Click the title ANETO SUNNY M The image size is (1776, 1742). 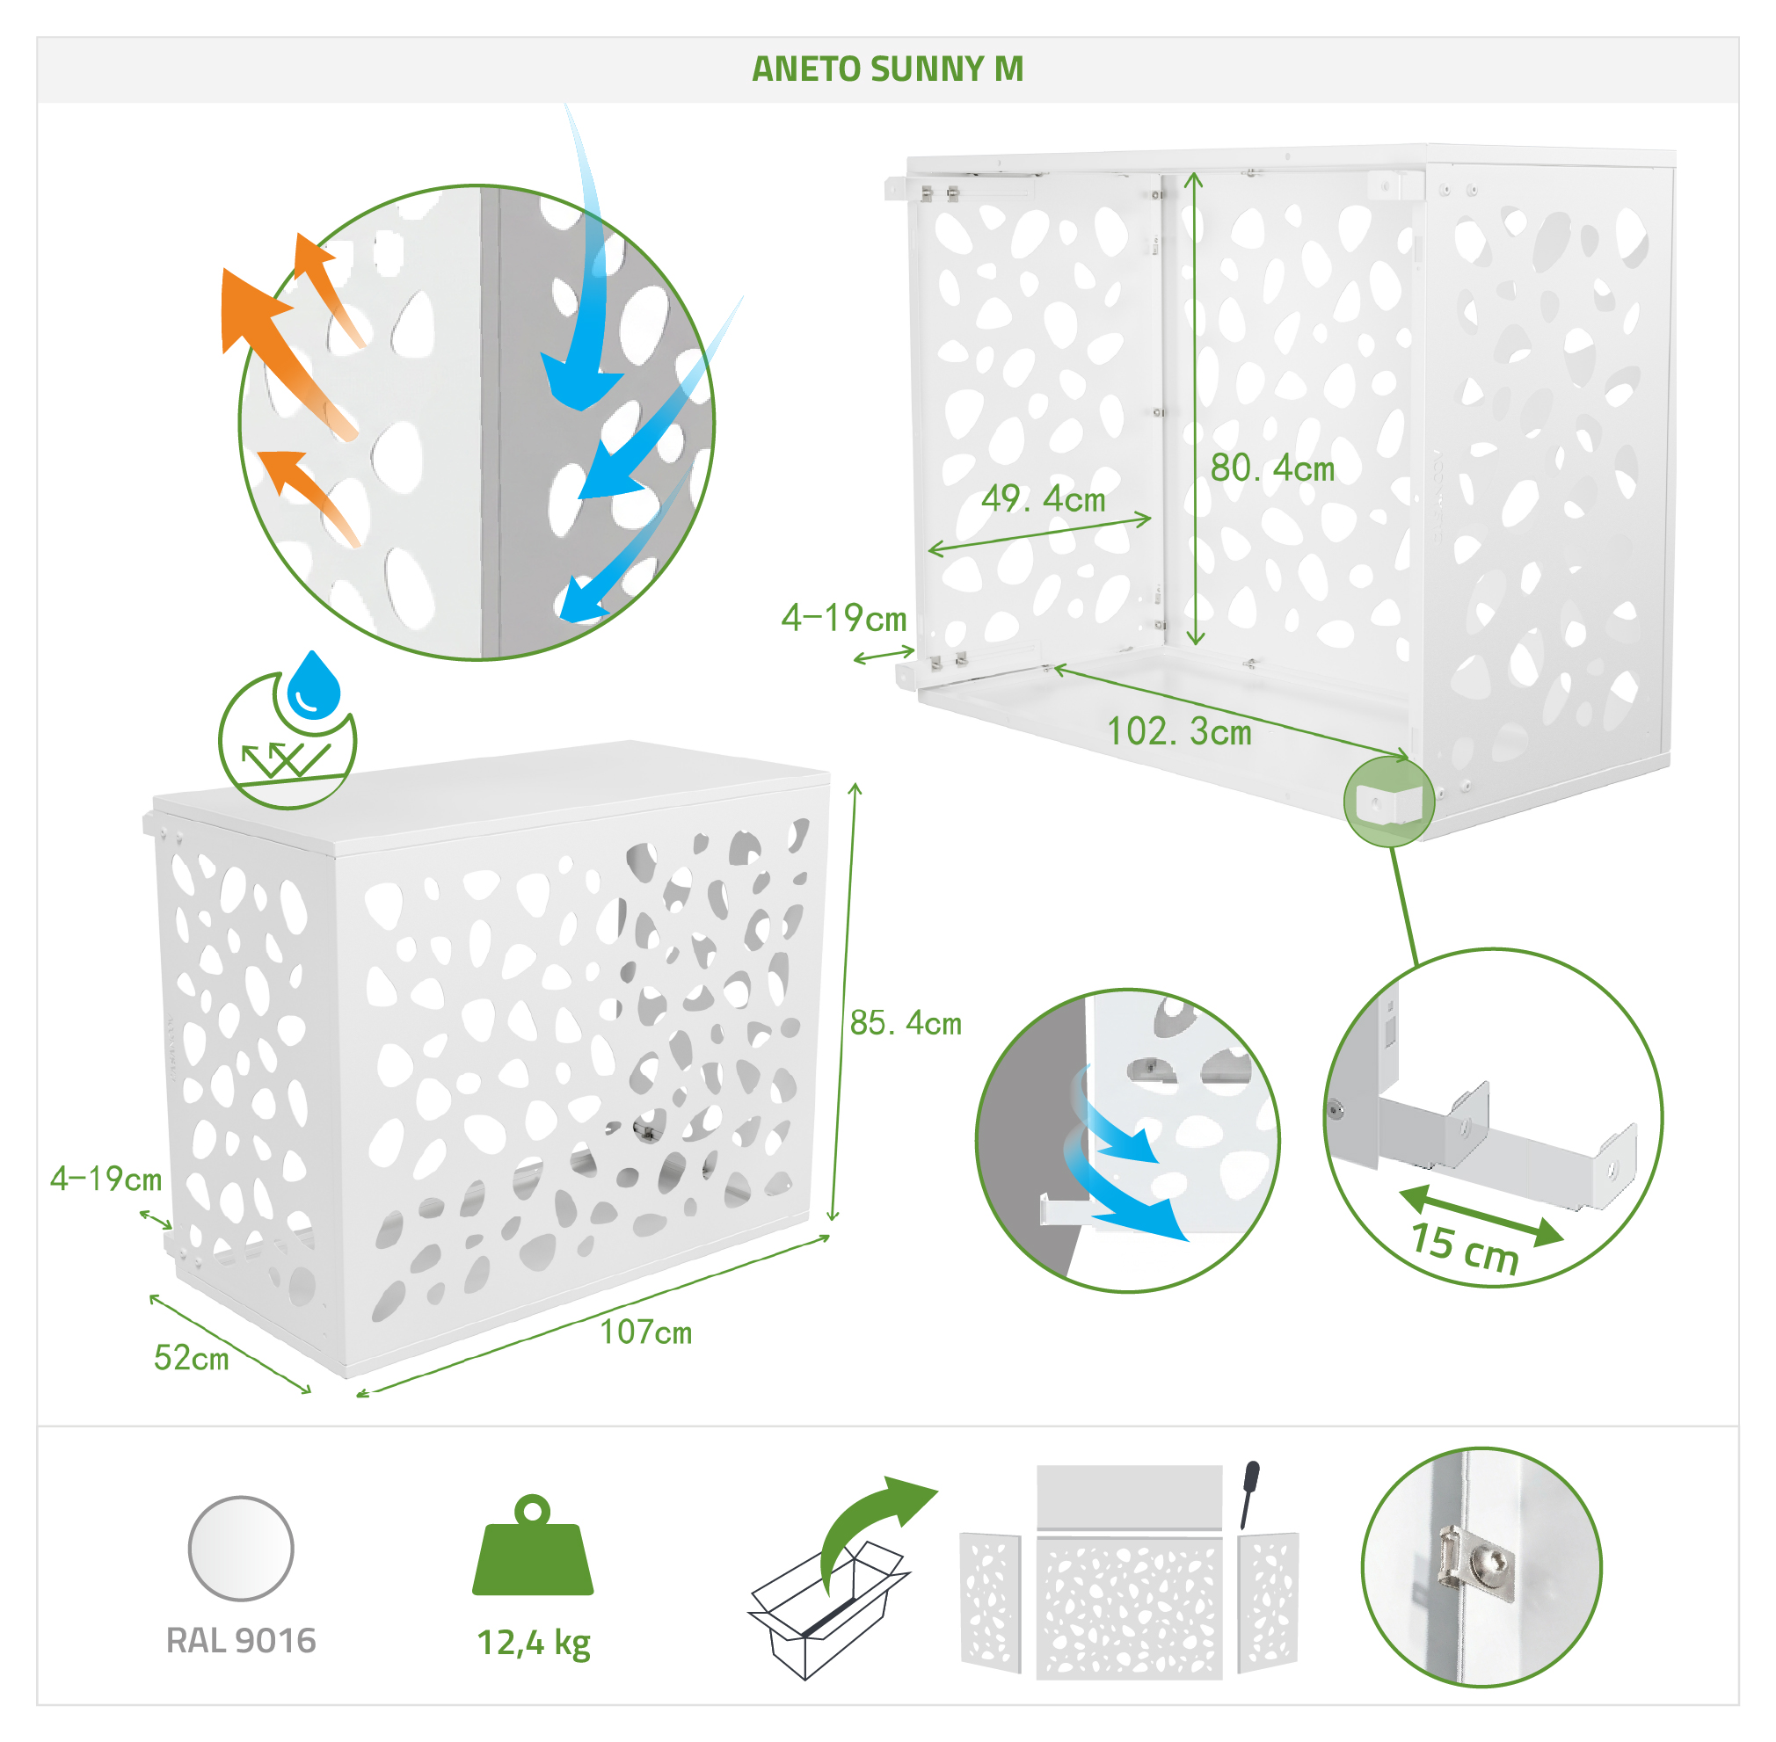pos(887,69)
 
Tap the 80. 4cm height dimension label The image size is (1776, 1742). pos(1273,468)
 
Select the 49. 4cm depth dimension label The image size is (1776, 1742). pos(1043,498)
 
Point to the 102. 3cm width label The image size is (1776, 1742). pos(1179,731)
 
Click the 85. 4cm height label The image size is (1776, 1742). pos(906,1022)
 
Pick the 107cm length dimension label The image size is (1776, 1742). pos(646,1332)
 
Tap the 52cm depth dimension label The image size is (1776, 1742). pos(192,1358)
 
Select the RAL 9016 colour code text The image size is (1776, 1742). pos(241,1640)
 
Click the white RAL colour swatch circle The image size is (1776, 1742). pos(241,1549)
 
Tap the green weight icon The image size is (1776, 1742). pos(533,1545)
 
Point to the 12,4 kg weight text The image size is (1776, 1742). pos(534,1644)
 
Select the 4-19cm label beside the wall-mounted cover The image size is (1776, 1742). pos(844,619)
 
